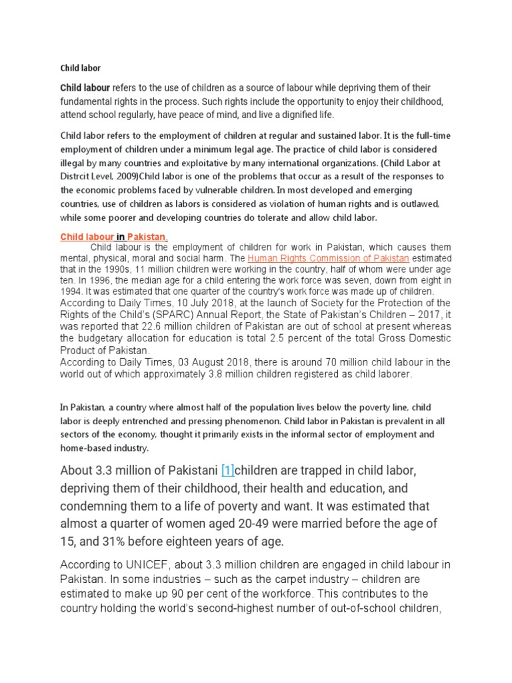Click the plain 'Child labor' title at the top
tap(80, 67)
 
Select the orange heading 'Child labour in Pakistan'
tap(113, 237)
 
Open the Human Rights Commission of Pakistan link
tap(329, 258)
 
